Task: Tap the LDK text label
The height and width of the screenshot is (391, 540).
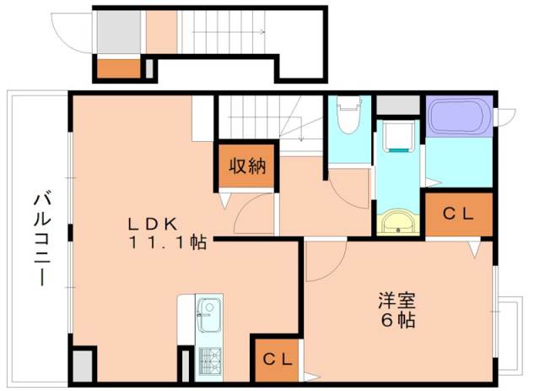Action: coord(152,224)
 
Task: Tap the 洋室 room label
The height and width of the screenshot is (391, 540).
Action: coord(397,300)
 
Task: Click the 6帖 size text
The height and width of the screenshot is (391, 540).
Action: coord(397,321)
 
